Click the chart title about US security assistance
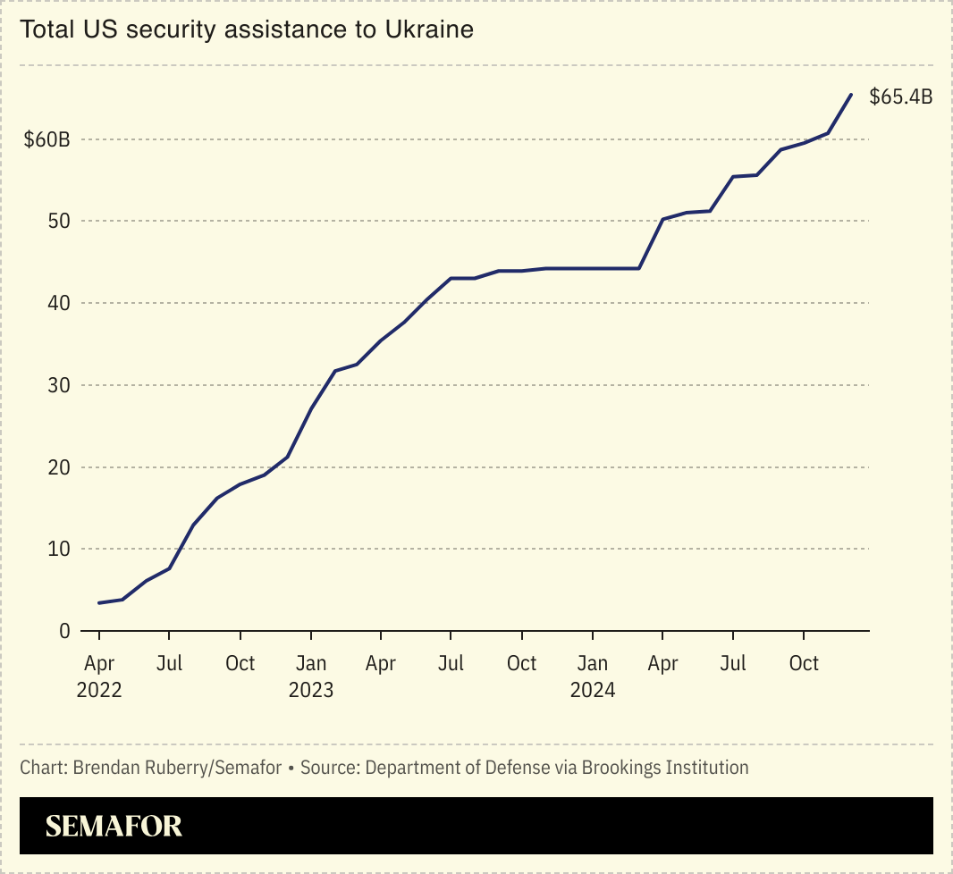click(247, 29)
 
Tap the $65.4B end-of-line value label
click(900, 97)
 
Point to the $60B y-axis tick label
click(46, 139)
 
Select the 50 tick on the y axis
click(58, 222)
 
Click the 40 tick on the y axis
click(58, 304)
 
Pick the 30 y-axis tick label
click(58, 386)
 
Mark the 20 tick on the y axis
click(58, 467)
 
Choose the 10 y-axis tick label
click(58, 550)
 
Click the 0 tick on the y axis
click(64, 632)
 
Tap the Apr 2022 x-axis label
click(98, 677)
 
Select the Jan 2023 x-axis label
click(310, 677)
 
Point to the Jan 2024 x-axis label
click(592, 677)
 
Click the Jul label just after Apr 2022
click(169, 664)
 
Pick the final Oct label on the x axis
click(804, 664)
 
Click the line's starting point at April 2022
click(98, 603)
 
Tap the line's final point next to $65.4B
click(850, 94)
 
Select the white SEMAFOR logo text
click(114, 826)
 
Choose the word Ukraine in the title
click(429, 29)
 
